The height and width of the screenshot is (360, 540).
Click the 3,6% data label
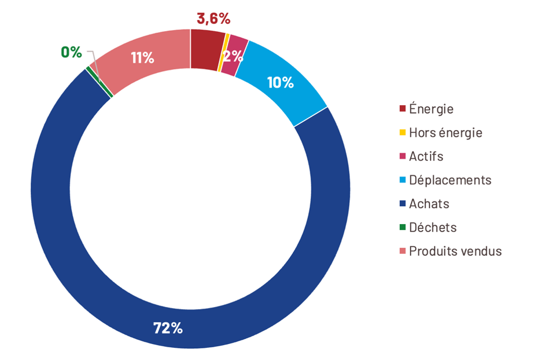(213, 19)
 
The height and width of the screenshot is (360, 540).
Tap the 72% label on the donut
(168, 328)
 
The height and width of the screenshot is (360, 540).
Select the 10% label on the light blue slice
(280, 82)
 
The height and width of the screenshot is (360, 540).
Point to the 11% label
(142, 58)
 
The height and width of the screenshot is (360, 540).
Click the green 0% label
(71, 52)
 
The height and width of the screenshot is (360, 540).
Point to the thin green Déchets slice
(100, 82)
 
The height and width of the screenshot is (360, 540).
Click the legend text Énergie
(431, 109)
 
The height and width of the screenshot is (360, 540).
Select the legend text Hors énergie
(445, 133)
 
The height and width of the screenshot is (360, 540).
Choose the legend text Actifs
(426, 156)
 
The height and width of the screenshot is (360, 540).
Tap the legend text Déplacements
(450, 180)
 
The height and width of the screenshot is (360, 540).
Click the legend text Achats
(428, 203)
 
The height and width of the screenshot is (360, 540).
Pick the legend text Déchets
(432, 227)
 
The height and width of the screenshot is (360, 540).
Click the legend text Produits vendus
(455, 251)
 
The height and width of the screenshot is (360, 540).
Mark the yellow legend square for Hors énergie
(402, 132)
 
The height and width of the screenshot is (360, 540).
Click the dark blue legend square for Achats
(402, 203)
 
